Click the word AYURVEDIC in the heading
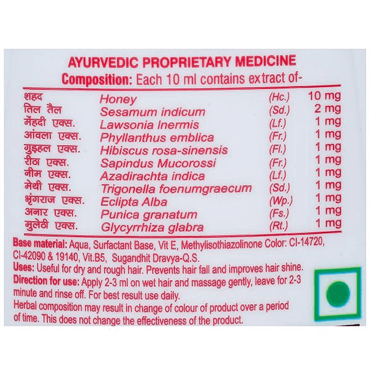pyautogui.click(x=103, y=62)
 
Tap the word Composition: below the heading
pyautogui.click(x=97, y=80)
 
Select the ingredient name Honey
pyautogui.click(x=118, y=99)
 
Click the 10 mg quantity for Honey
pyautogui.click(x=324, y=96)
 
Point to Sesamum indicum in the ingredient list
pyautogui.click(x=152, y=112)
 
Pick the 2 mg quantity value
pyautogui.click(x=328, y=109)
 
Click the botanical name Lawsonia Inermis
pyautogui.click(x=149, y=125)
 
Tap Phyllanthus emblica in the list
pyautogui.click(x=157, y=138)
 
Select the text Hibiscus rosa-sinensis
pyautogui.click(x=164, y=150)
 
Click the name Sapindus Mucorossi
pyautogui.click(x=158, y=163)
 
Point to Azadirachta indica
pyautogui.click(x=153, y=176)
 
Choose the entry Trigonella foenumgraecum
pyautogui.click(x=176, y=189)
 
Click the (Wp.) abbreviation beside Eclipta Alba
pyautogui.click(x=281, y=201)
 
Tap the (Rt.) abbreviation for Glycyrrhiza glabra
pyautogui.click(x=279, y=226)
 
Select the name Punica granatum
pyautogui.click(x=149, y=215)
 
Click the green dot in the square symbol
pyautogui.click(x=338, y=294)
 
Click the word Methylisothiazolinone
pyautogui.click(x=221, y=244)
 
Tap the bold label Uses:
pyautogui.click(x=24, y=268)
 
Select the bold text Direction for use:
pyautogui.click(x=46, y=281)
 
